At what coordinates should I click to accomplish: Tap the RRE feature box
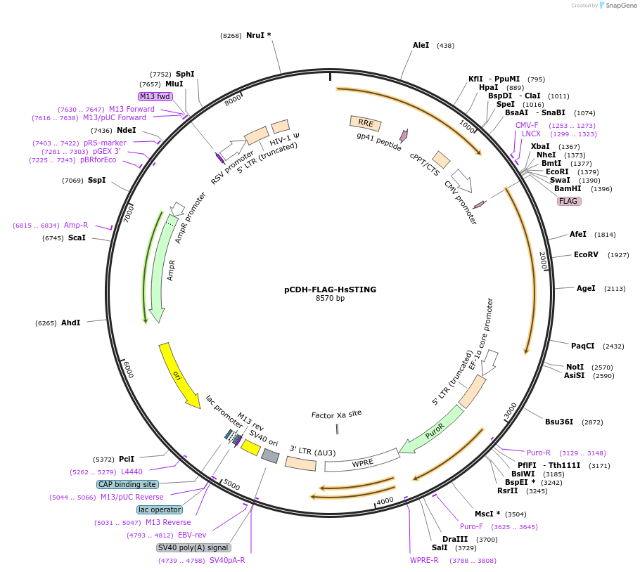[x=365, y=123]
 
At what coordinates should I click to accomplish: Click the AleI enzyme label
[x=421, y=45]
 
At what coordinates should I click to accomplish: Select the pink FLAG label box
[x=568, y=201]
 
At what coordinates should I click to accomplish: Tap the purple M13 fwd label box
[x=155, y=96]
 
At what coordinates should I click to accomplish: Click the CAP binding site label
[x=127, y=484]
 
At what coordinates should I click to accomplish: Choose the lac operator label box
[x=160, y=509]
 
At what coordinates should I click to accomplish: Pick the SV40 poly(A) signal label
[x=193, y=547]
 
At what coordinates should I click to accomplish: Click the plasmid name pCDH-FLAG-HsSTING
[x=331, y=290]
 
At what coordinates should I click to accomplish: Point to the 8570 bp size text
[x=331, y=298]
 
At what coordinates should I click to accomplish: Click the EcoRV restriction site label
[x=586, y=254]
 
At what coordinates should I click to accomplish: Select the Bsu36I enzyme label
[x=559, y=422]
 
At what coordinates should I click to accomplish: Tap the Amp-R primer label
[x=76, y=225]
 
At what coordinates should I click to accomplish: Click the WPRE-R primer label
[x=424, y=560]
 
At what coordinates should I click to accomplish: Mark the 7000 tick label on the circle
[x=129, y=214]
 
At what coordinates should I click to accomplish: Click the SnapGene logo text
[x=621, y=6]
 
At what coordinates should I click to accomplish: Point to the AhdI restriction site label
[x=70, y=323]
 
